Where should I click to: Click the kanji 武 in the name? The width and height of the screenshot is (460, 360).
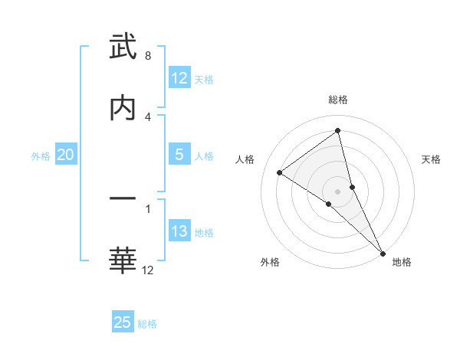click(123, 47)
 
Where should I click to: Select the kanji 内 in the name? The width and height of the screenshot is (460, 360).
click(123, 109)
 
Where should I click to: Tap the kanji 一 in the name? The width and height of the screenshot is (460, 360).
click(123, 199)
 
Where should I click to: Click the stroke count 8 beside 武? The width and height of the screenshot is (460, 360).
click(147, 56)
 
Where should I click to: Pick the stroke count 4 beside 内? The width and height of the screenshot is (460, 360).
click(147, 117)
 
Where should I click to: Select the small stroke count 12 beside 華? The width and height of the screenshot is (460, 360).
click(147, 270)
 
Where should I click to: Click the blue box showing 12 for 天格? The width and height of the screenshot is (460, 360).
click(179, 78)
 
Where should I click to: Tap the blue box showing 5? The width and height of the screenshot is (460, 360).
click(179, 155)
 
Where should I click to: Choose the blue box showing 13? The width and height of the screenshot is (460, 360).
click(179, 231)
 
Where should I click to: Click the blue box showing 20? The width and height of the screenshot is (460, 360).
click(65, 155)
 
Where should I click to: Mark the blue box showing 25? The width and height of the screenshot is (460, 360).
click(123, 322)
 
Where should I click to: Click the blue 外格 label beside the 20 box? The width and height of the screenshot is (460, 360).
click(41, 155)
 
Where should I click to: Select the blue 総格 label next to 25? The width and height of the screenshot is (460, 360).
click(147, 323)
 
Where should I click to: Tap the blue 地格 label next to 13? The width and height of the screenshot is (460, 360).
click(204, 232)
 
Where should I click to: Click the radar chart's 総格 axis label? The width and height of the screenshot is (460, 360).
click(338, 100)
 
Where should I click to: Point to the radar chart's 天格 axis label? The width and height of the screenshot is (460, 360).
click(431, 159)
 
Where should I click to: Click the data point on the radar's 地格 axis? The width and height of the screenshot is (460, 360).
click(383, 253)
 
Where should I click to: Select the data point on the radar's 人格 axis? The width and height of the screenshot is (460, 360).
click(280, 172)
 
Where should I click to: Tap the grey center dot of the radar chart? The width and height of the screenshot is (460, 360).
click(338, 191)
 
